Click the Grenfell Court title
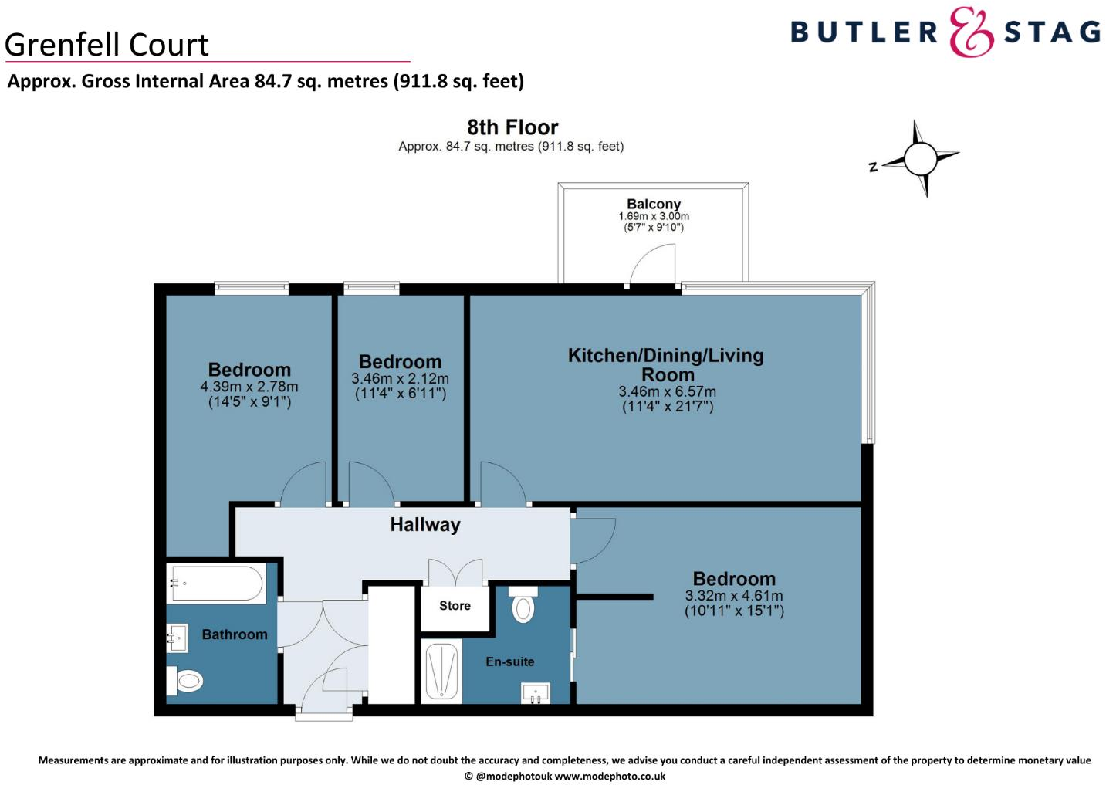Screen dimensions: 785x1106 [x=107, y=45]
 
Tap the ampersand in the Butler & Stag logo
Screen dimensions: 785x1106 [x=970, y=32]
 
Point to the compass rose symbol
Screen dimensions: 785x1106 [x=920, y=159]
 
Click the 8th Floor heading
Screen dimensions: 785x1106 [x=512, y=127]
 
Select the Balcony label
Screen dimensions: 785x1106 [x=653, y=204]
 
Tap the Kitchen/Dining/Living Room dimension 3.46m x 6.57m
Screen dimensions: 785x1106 [x=667, y=391]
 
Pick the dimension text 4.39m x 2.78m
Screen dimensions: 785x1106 [x=249, y=387]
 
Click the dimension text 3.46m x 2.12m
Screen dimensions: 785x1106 [x=400, y=379]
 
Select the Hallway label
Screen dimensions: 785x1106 [x=424, y=525]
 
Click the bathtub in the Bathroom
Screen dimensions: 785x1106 [x=217, y=584]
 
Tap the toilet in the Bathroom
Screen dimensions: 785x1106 [x=185, y=680]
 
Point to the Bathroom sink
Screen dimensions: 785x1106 [x=177, y=638]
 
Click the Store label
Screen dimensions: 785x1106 [x=455, y=606]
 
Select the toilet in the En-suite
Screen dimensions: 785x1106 [x=523, y=605]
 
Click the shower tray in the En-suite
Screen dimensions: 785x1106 [x=441, y=671]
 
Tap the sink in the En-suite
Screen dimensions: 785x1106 [x=536, y=692]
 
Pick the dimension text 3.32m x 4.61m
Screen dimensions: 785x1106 [x=733, y=596]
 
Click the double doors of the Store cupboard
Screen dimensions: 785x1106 [x=455, y=572]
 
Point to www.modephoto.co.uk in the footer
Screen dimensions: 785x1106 [x=610, y=776]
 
